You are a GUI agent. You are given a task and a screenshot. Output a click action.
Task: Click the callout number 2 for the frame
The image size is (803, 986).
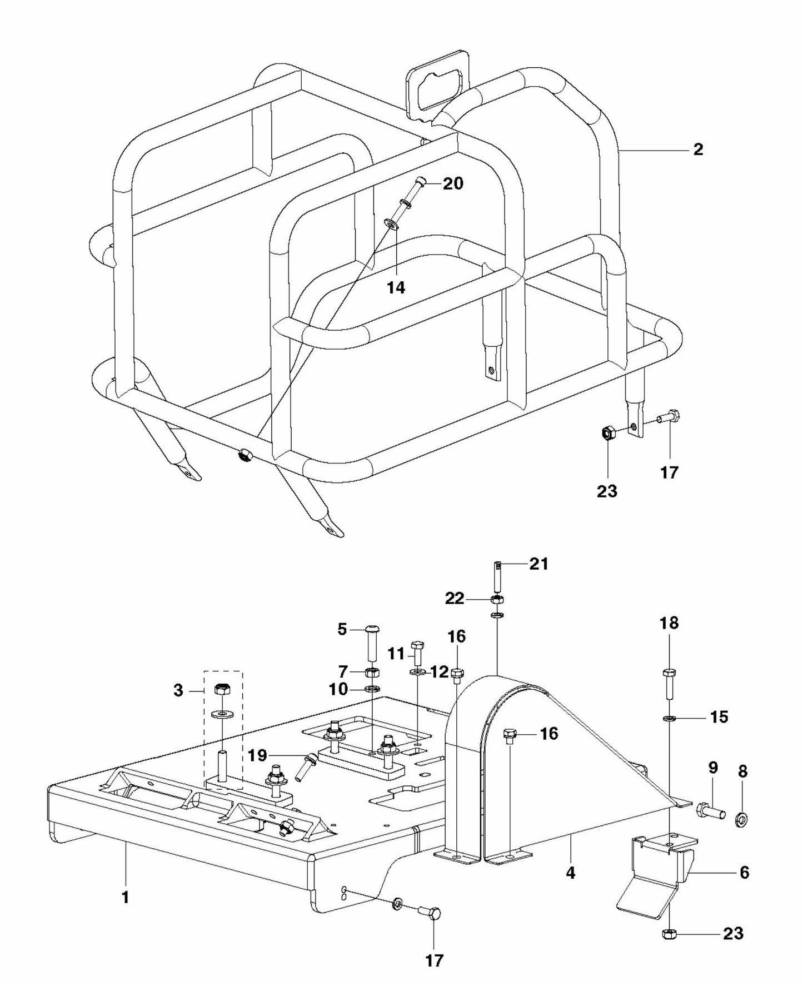698,150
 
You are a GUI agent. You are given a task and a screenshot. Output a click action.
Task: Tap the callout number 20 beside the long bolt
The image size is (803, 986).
453,183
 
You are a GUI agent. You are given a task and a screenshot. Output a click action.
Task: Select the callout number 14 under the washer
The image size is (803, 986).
396,287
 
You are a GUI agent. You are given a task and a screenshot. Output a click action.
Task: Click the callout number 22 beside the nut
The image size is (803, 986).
454,599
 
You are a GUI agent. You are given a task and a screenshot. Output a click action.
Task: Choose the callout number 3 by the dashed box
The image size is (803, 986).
178,690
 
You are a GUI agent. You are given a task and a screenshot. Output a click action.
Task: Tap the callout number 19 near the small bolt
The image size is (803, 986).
258,755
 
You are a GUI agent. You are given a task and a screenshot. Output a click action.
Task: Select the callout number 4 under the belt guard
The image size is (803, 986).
570,873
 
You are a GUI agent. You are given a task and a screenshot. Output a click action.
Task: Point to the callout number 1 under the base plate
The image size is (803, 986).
126,897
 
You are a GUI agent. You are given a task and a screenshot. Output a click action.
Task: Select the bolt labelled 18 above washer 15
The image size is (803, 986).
669,683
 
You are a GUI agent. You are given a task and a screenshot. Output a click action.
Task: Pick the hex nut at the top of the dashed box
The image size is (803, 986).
222,690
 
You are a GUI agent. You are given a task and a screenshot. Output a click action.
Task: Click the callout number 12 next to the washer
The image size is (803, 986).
439,672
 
